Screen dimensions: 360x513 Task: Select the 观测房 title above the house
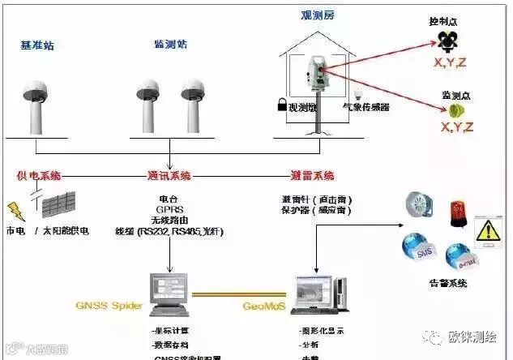click(x=317, y=15)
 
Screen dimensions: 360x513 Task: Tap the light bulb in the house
click(x=355, y=93)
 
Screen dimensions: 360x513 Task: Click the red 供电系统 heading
click(x=38, y=175)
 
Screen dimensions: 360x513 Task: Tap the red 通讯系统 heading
click(x=169, y=175)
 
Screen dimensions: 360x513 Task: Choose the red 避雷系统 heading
click(x=312, y=175)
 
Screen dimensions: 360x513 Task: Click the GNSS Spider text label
click(x=109, y=306)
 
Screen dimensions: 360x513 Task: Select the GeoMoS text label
click(x=263, y=306)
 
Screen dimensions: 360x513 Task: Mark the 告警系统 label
click(x=448, y=283)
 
